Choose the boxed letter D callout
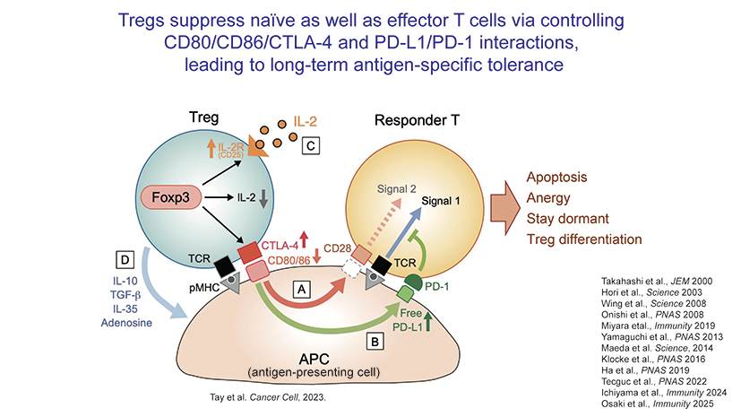point(125,260)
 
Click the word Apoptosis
point(556,178)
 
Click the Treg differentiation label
point(583,239)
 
